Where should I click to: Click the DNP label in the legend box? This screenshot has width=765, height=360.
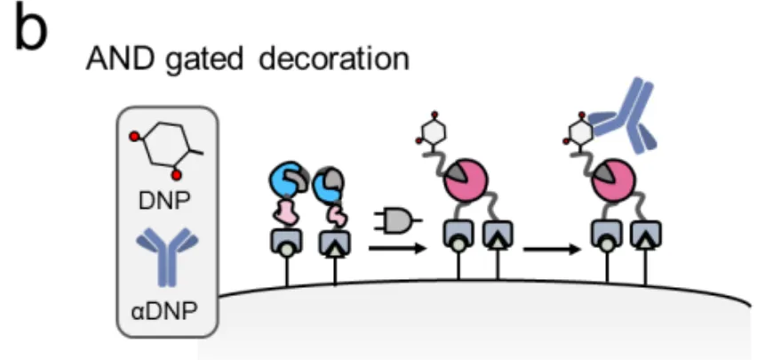[165, 203]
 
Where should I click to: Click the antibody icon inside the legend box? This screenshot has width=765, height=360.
[165, 257]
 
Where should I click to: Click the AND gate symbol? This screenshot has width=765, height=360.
[397, 219]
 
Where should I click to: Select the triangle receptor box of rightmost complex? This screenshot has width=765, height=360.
[647, 235]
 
